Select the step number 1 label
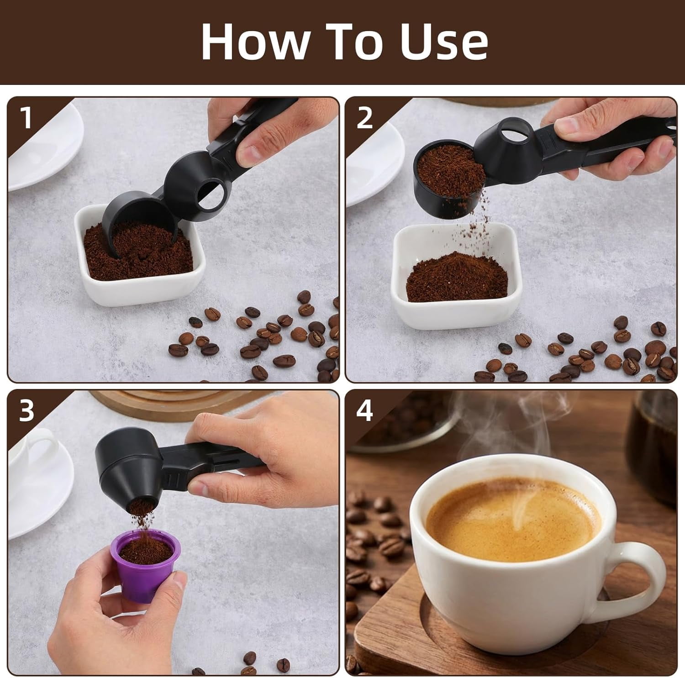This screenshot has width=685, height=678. [x=27, y=118]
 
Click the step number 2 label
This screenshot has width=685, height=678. [x=364, y=118]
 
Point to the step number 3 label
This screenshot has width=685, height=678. [x=27, y=410]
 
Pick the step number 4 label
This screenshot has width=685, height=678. [x=364, y=410]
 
